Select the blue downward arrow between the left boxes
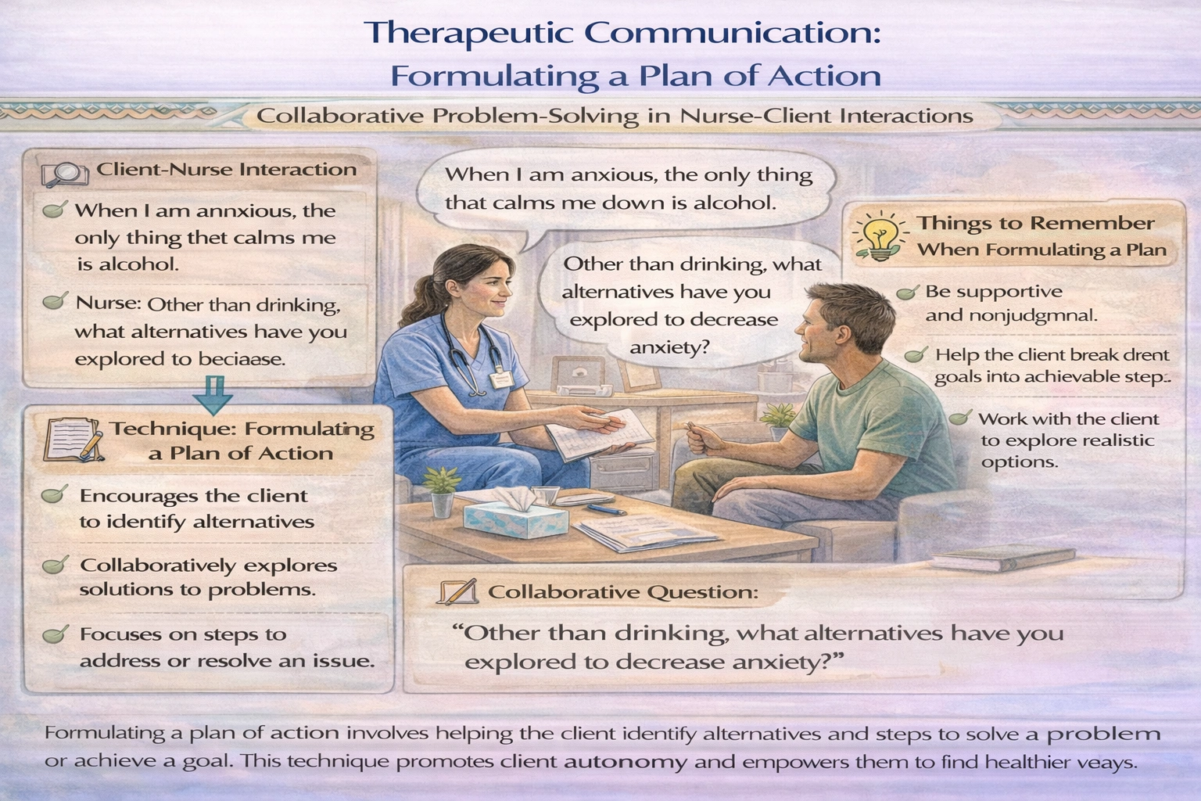[x=213, y=395]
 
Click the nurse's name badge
[x=500, y=379]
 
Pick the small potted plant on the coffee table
[x=442, y=489]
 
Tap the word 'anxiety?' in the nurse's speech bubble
[x=669, y=346]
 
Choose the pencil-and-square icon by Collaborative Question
[x=458, y=592]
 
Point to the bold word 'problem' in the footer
[x=1103, y=734]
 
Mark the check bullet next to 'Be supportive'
[x=907, y=293]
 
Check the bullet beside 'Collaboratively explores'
[x=55, y=566]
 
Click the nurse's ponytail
[x=414, y=297]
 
